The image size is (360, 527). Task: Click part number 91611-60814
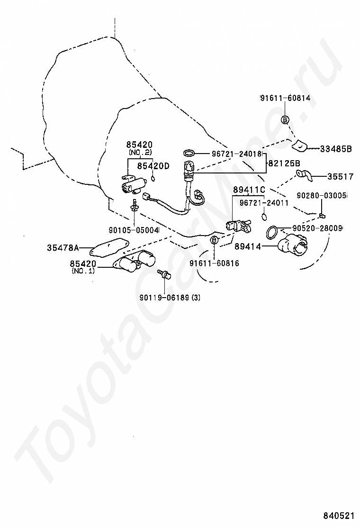tap(285, 99)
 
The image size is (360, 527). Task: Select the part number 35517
tap(340, 177)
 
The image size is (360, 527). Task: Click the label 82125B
tap(284, 164)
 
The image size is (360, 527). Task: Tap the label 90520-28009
tap(317, 228)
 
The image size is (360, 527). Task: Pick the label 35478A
tap(63, 247)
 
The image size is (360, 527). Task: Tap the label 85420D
tap(153, 166)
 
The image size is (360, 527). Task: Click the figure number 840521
tap(339, 515)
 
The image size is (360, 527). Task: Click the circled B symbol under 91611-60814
tap(285, 120)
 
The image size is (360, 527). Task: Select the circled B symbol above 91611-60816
tap(214, 240)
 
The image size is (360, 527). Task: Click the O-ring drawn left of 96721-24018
tap(189, 153)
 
